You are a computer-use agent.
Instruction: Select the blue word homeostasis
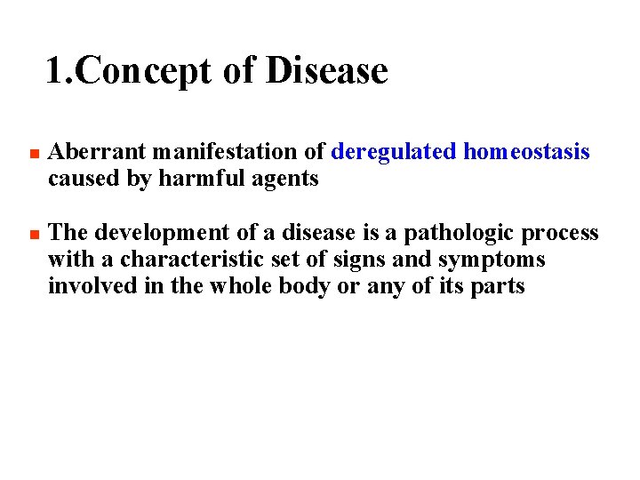pos(526,152)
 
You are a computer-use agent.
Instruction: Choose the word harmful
pos(195,179)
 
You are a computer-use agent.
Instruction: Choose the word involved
pos(89,286)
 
